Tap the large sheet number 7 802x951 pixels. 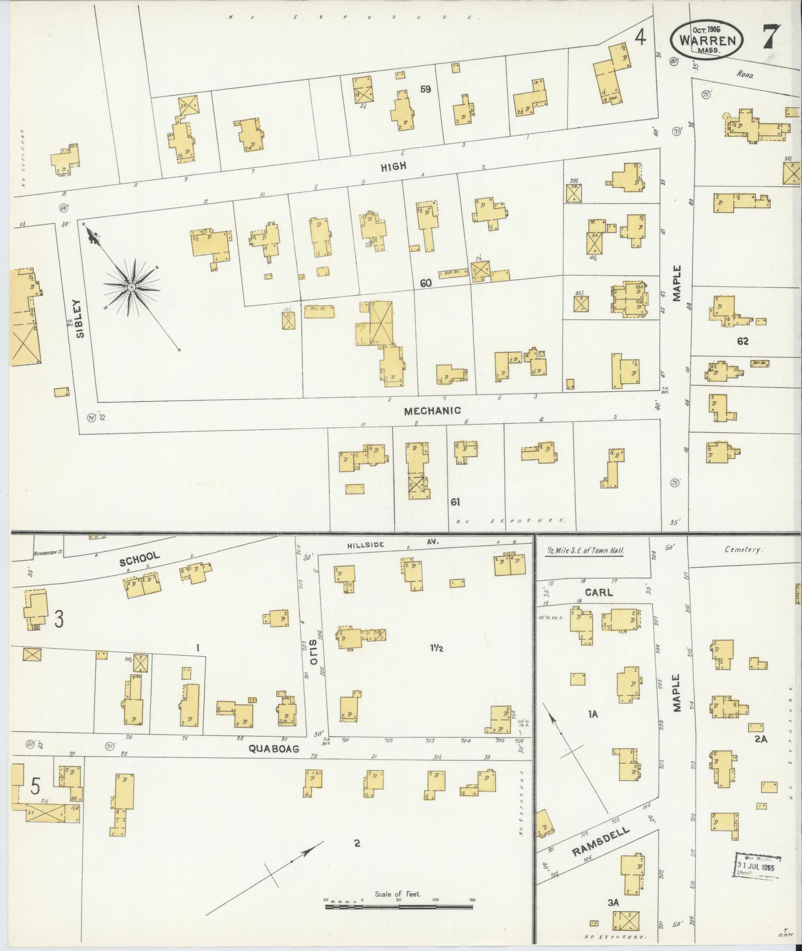coord(771,36)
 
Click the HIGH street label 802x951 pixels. coord(393,167)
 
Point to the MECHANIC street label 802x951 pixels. coord(432,411)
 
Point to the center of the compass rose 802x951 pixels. coord(131,288)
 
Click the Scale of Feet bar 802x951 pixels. coord(399,906)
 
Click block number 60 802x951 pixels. coord(425,283)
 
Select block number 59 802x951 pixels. coord(425,89)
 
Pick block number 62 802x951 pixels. coord(743,341)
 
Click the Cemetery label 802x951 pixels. coord(743,550)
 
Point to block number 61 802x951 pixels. coord(455,502)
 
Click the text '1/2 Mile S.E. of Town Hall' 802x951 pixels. coord(585,551)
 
